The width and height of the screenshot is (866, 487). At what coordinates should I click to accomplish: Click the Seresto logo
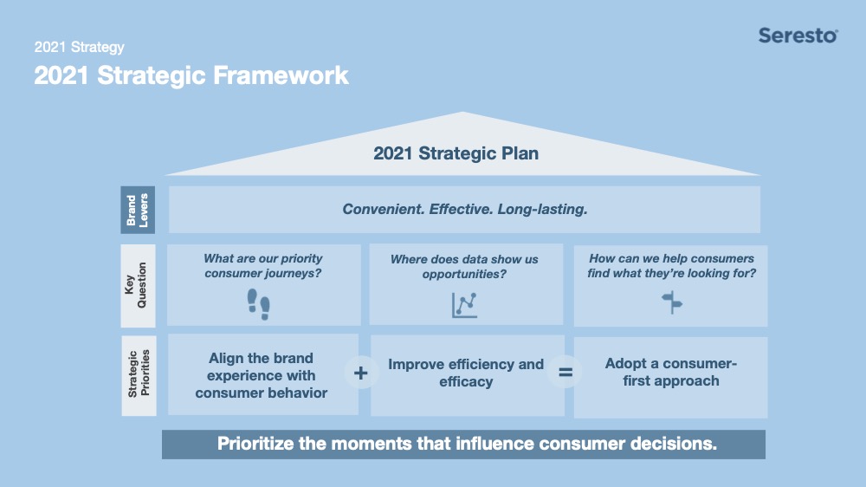798,36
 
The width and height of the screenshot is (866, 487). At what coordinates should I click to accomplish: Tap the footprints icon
258,304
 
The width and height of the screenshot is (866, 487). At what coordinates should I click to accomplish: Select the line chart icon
464,305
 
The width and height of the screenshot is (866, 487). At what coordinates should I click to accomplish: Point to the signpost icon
672,302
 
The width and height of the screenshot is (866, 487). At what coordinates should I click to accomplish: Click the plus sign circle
360,373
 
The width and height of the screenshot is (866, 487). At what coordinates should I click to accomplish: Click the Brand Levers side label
138,210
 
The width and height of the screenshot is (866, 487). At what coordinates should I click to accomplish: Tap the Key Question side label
138,286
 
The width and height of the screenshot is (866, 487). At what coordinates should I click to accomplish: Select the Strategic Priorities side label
139,375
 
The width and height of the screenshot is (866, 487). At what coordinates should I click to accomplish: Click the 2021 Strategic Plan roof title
456,153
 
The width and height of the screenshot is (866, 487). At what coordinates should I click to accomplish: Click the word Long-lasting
542,209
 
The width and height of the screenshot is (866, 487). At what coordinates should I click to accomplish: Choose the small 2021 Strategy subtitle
79,47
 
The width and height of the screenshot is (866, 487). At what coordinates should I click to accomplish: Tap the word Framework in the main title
281,75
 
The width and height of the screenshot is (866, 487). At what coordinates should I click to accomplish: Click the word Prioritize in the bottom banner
255,444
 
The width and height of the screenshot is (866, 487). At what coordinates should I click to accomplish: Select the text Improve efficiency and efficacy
466,373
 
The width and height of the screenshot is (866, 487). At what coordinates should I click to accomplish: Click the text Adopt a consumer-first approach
671,372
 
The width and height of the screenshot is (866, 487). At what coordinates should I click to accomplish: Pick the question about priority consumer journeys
263,266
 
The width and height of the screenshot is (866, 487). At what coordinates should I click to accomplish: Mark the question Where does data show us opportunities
464,266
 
